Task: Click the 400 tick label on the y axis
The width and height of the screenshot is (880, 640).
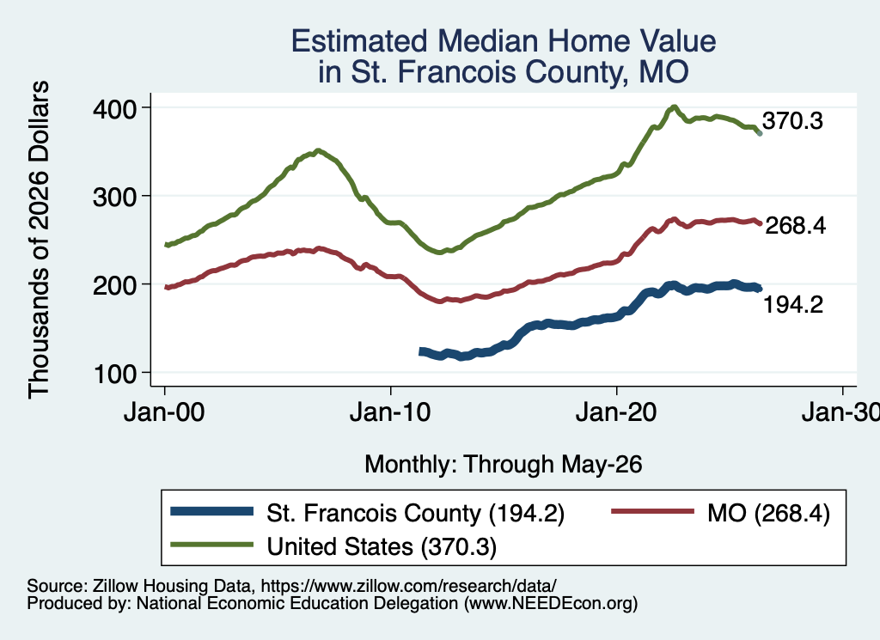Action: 114,108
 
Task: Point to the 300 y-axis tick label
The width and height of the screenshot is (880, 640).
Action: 114,197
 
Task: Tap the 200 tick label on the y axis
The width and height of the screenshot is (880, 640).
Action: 114,285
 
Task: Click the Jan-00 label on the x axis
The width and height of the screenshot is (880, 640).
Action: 164,412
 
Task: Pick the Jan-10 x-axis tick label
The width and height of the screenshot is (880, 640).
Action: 390,412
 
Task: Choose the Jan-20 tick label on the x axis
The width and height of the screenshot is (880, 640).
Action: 616,412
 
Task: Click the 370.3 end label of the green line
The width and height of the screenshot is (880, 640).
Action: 792,120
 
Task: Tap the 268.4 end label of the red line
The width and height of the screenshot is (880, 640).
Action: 795,225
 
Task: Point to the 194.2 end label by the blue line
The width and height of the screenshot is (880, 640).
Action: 793,305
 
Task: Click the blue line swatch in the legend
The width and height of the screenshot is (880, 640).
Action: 212,511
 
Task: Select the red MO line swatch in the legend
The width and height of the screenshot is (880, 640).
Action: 652,511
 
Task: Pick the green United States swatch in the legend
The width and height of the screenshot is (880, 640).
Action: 212,544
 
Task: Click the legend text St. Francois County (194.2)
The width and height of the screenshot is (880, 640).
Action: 415,513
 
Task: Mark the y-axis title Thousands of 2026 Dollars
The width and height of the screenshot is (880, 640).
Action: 39,240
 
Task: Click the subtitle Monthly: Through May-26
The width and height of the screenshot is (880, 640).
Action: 504,465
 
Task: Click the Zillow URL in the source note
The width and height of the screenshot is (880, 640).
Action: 408,586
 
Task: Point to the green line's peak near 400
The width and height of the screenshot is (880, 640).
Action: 674,107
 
